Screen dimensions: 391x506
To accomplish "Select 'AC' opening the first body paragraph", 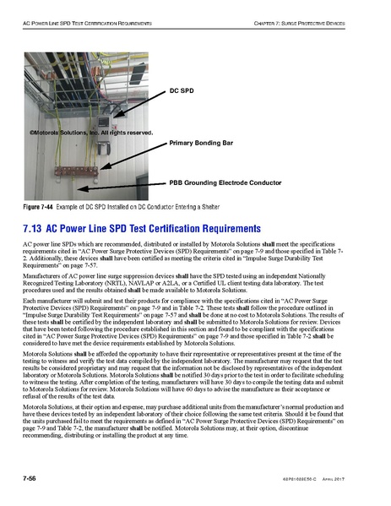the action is [x=28, y=243].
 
